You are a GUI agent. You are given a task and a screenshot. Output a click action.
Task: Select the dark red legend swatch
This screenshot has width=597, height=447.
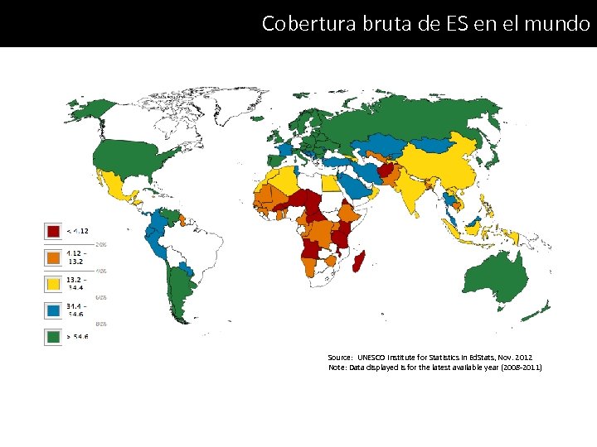tap(53, 231)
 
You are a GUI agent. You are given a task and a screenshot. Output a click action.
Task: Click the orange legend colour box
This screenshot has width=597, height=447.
tap(53, 257)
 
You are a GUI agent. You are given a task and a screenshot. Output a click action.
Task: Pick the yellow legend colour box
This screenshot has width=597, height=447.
tap(53, 284)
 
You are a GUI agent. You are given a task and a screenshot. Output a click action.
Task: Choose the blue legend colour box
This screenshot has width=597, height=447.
tap(53, 310)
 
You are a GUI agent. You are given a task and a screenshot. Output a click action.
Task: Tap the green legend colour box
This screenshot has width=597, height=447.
tap(53, 337)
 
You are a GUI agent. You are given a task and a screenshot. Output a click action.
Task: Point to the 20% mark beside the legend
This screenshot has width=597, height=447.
tap(100, 244)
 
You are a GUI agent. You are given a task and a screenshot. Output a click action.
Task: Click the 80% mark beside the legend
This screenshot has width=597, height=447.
tap(100, 324)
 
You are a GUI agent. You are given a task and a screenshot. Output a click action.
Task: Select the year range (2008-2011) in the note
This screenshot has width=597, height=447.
tap(519, 367)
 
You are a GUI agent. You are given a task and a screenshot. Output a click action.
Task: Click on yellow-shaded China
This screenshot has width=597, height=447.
tap(452, 170)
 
